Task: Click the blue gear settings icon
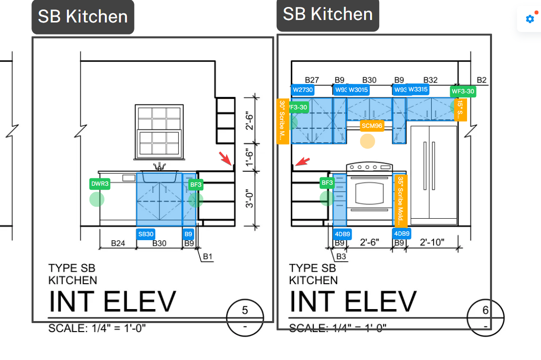(x=530, y=19)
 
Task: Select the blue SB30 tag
(x=146, y=234)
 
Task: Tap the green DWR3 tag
(x=99, y=184)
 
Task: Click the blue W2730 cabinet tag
(x=303, y=90)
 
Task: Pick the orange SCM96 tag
(x=372, y=126)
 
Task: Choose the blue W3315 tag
(x=418, y=89)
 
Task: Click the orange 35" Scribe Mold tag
(x=401, y=200)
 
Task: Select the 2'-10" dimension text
(x=432, y=243)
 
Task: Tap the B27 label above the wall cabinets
(x=312, y=80)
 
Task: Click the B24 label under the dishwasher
(x=118, y=243)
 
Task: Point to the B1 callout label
(x=208, y=257)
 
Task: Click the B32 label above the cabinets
(x=430, y=80)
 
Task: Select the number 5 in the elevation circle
(x=245, y=311)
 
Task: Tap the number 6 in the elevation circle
(x=485, y=311)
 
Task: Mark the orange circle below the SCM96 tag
(x=368, y=141)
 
